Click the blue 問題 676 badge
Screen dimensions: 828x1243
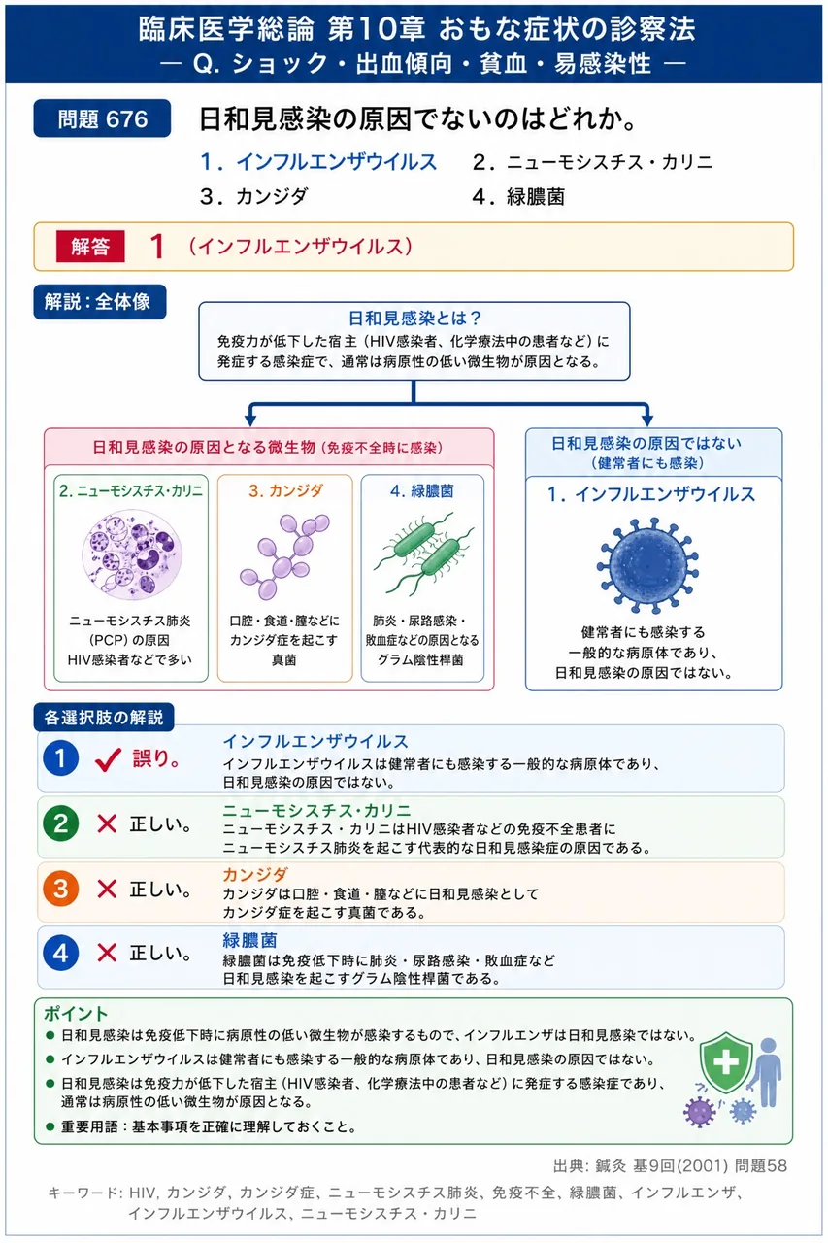[x=102, y=118]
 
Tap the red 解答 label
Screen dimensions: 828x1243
[x=90, y=246]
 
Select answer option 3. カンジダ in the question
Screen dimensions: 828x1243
[x=253, y=196]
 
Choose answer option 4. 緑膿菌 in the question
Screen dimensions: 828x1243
[x=518, y=196]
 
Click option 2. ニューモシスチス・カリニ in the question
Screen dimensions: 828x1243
[x=592, y=162]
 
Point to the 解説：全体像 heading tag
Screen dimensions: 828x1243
[x=100, y=302]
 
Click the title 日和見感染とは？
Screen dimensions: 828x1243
[x=414, y=318]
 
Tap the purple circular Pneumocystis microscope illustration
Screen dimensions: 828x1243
[x=131, y=554]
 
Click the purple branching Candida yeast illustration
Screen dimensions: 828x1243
[x=284, y=556]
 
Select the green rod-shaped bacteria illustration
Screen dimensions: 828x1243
[x=423, y=554]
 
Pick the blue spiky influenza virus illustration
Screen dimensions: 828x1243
[x=647, y=565]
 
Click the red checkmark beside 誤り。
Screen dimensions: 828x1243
[x=108, y=759]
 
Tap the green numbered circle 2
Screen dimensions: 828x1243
[x=60, y=823]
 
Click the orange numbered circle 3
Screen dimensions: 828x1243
[x=60, y=889]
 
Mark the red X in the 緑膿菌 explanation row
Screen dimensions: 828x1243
[x=107, y=953]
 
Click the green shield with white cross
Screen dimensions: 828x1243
[x=726, y=1062]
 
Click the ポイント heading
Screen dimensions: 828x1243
[x=76, y=1013]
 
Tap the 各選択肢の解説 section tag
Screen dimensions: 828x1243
[x=104, y=718]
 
